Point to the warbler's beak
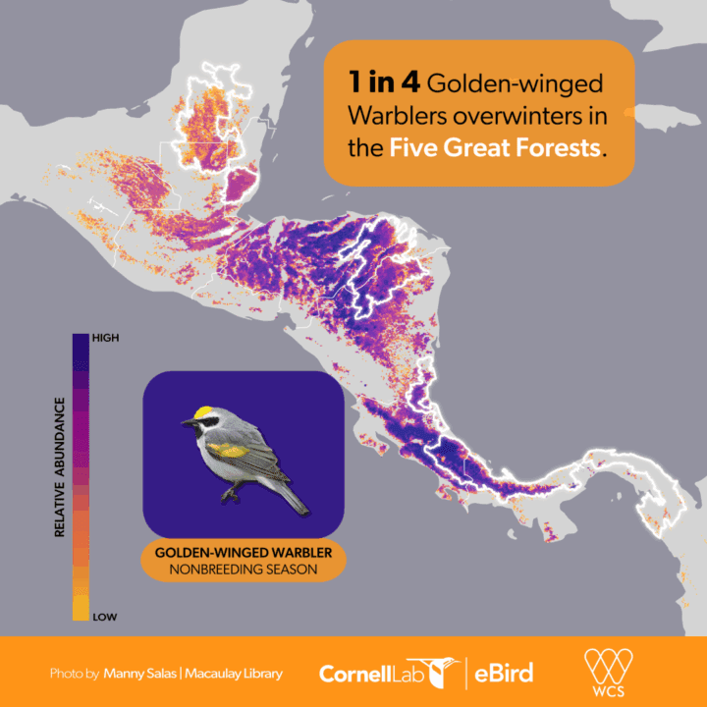pos(187,423)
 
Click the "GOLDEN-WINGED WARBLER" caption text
pos(243,552)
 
